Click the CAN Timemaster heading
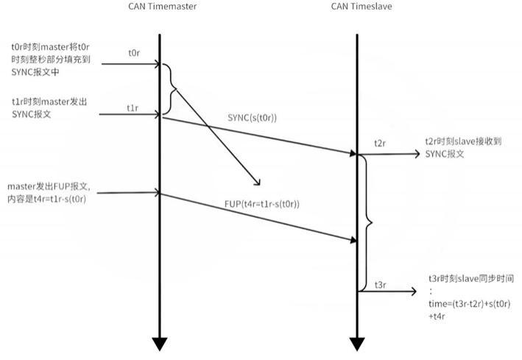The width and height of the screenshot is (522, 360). pos(160,7)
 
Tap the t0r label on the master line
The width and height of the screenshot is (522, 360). pos(133,54)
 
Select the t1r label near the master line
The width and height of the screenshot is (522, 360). pos(133,107)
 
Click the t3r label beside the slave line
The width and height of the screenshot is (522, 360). pos(381,284)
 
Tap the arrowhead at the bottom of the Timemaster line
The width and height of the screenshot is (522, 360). pos(160,343)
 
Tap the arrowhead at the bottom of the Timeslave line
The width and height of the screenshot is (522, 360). pos(357,343)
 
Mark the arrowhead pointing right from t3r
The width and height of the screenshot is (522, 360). pos(414,292)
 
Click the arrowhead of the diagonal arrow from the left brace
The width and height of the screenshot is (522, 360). pos(258,182)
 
